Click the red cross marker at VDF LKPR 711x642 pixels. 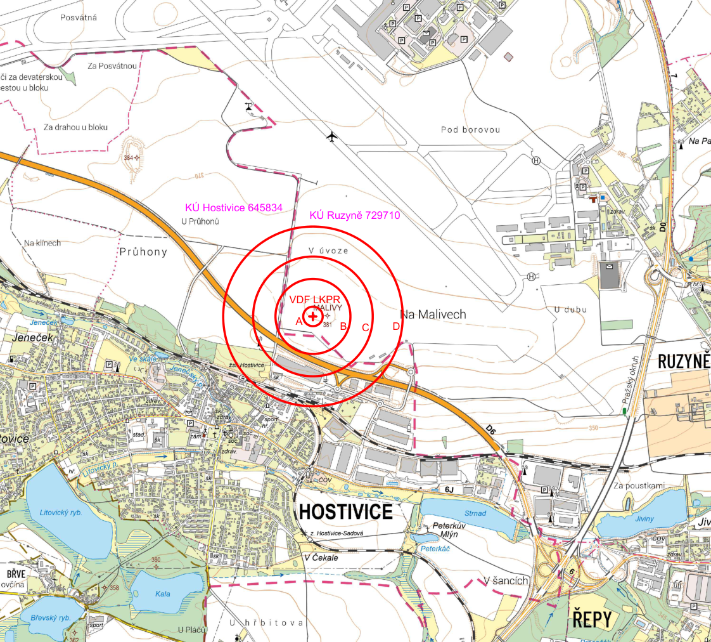click(312, 316)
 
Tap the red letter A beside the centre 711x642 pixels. click(299, 322)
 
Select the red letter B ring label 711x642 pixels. click(343, 327)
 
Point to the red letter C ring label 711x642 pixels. click(365, 328)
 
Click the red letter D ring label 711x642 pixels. click(396, 327)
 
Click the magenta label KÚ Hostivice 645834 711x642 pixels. click(233, 207)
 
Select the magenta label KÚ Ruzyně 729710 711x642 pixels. click(354, 216)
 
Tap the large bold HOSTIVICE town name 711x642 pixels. click(346, 511)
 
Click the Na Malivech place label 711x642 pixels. click(433, 314)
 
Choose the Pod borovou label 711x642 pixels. click(470, 130)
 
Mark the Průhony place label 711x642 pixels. click(143, 252)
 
